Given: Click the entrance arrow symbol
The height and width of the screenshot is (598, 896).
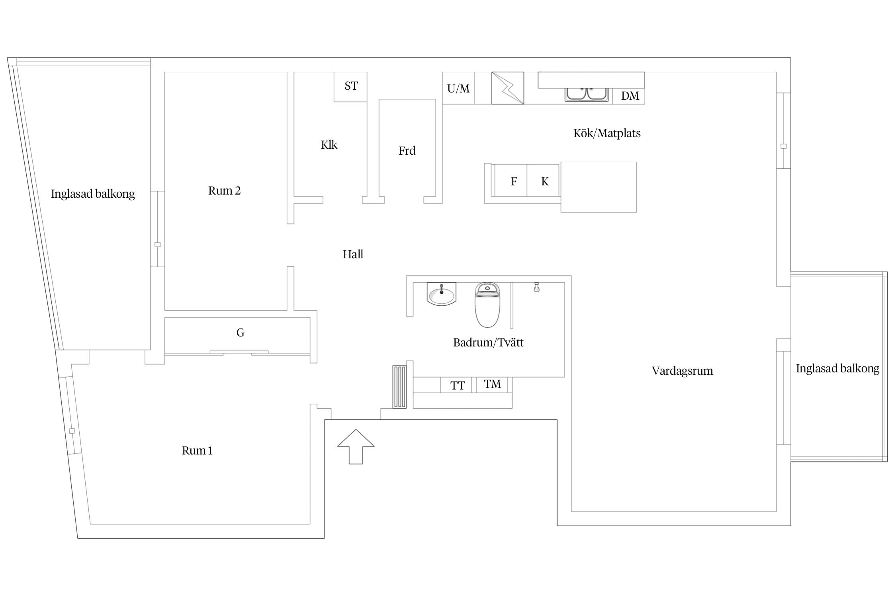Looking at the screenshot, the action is [x=356, y=447].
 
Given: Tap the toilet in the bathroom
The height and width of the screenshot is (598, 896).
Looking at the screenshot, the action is [x=487, y=305].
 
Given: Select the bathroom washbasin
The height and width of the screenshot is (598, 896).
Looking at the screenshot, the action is [x=441, y=294].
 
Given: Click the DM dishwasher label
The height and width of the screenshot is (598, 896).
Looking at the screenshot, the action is [x=630, y=96].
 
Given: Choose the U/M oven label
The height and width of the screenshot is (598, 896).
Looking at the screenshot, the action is [x=458, y=89].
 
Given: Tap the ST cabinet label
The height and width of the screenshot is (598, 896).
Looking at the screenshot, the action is [x=351, y=86].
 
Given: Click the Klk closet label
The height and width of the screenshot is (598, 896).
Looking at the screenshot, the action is [x=329, y=145].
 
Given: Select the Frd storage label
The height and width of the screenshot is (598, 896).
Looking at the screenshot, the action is [x=407, y=151].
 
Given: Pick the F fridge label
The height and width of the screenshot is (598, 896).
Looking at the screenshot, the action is [x=514, y=182].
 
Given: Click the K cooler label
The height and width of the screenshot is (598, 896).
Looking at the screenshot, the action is [x=545, y=182].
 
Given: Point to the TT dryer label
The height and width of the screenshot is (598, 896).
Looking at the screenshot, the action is [x=458, y=386].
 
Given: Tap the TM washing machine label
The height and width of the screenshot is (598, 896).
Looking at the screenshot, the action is [x=492, y=384].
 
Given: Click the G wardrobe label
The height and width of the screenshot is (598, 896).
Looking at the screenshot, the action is [x=240, y=332].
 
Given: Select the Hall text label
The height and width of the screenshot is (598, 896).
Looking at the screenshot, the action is [x=353, y=254].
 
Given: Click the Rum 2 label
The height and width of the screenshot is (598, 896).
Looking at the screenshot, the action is [x=224, y=191].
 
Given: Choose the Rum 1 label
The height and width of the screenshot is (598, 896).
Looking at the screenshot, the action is [x=197, y=450].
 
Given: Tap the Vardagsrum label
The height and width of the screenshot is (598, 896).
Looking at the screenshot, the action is [x=682, y=371].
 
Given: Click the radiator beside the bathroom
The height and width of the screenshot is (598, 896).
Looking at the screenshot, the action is [x=399, y=387].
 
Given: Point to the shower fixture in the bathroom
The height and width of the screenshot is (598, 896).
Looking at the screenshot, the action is [x=536, y=287].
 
